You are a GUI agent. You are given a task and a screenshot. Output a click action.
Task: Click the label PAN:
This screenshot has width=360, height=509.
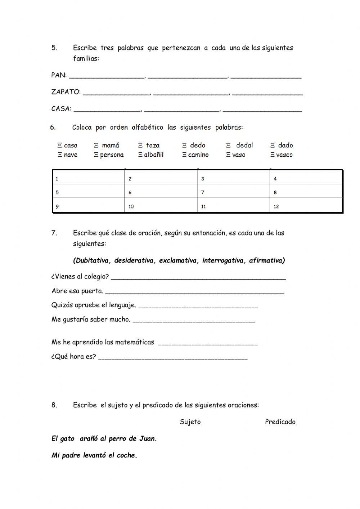pos(59,75)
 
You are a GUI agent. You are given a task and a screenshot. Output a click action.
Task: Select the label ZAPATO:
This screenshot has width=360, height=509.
pos(66,92)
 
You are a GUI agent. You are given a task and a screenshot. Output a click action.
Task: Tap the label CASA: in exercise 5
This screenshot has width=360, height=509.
pos(61,108)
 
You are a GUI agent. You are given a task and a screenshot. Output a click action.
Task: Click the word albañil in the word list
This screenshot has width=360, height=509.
pos(154,155)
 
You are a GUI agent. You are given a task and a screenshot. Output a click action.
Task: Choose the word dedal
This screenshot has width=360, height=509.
pos(244,145)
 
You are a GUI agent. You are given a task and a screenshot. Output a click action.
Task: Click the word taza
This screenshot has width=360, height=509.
pos(153,145)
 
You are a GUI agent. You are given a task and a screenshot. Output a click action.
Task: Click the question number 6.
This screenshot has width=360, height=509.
pos(53,127)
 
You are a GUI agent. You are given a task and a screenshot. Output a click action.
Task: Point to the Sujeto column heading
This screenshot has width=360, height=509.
pos(190,422)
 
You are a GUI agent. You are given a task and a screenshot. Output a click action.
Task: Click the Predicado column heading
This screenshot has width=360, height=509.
pos(280,422)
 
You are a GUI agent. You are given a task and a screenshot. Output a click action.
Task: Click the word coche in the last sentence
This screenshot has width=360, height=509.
pos(127,455)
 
